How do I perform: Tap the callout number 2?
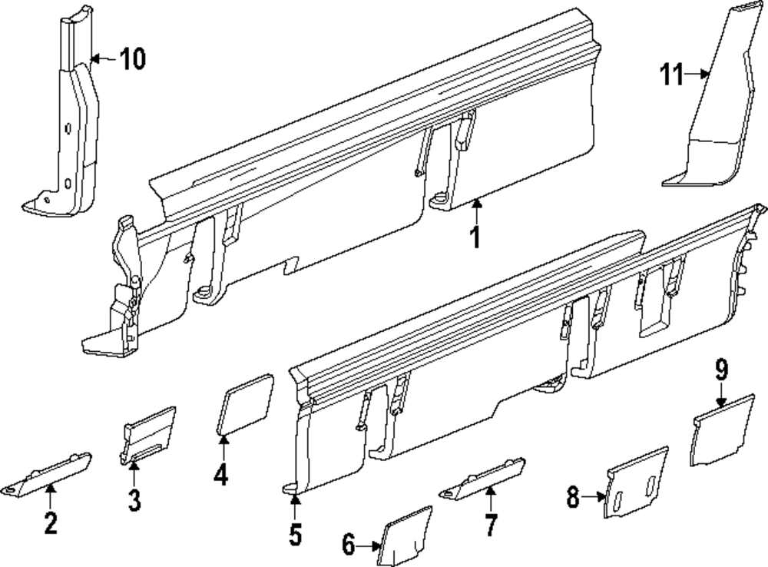(50, 523)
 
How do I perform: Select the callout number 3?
(134, 501)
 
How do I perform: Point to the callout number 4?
(220, 475)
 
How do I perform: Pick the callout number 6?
(349, 546)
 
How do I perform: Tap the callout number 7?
(490, 525)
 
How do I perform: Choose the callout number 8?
(573, 499)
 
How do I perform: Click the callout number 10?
(132, 59)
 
